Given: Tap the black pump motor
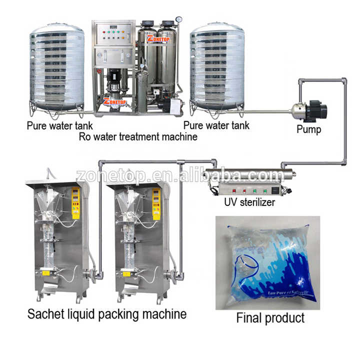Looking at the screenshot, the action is tap(316, 109).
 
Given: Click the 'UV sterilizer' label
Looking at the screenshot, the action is tap(243, 202).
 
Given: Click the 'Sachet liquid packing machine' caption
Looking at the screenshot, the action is tap(107, 314).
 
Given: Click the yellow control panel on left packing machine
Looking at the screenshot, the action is tap(75, 202).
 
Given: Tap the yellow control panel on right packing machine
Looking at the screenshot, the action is tap(156, 202).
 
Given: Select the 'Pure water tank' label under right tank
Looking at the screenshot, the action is tap(216, 125).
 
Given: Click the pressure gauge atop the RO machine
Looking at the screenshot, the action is tap(178, 20).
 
